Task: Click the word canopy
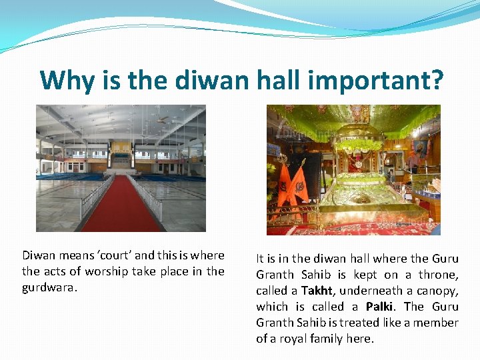[x=437, y=291]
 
